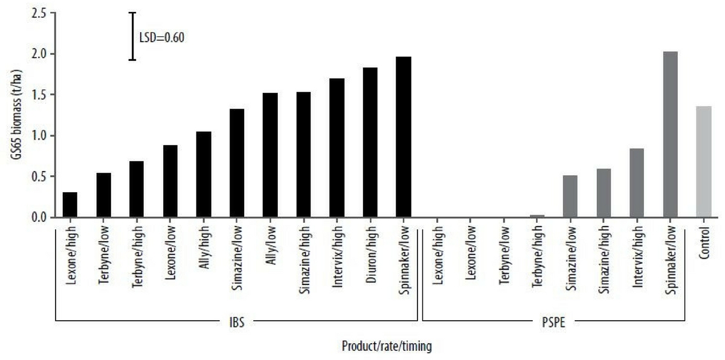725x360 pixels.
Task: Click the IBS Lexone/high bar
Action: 70,205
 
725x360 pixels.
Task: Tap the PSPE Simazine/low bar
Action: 570,196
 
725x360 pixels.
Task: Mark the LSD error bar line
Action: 133,36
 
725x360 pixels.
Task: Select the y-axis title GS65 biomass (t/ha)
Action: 13,115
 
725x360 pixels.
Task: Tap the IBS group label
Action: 237,323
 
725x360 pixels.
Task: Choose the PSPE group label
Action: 554,323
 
